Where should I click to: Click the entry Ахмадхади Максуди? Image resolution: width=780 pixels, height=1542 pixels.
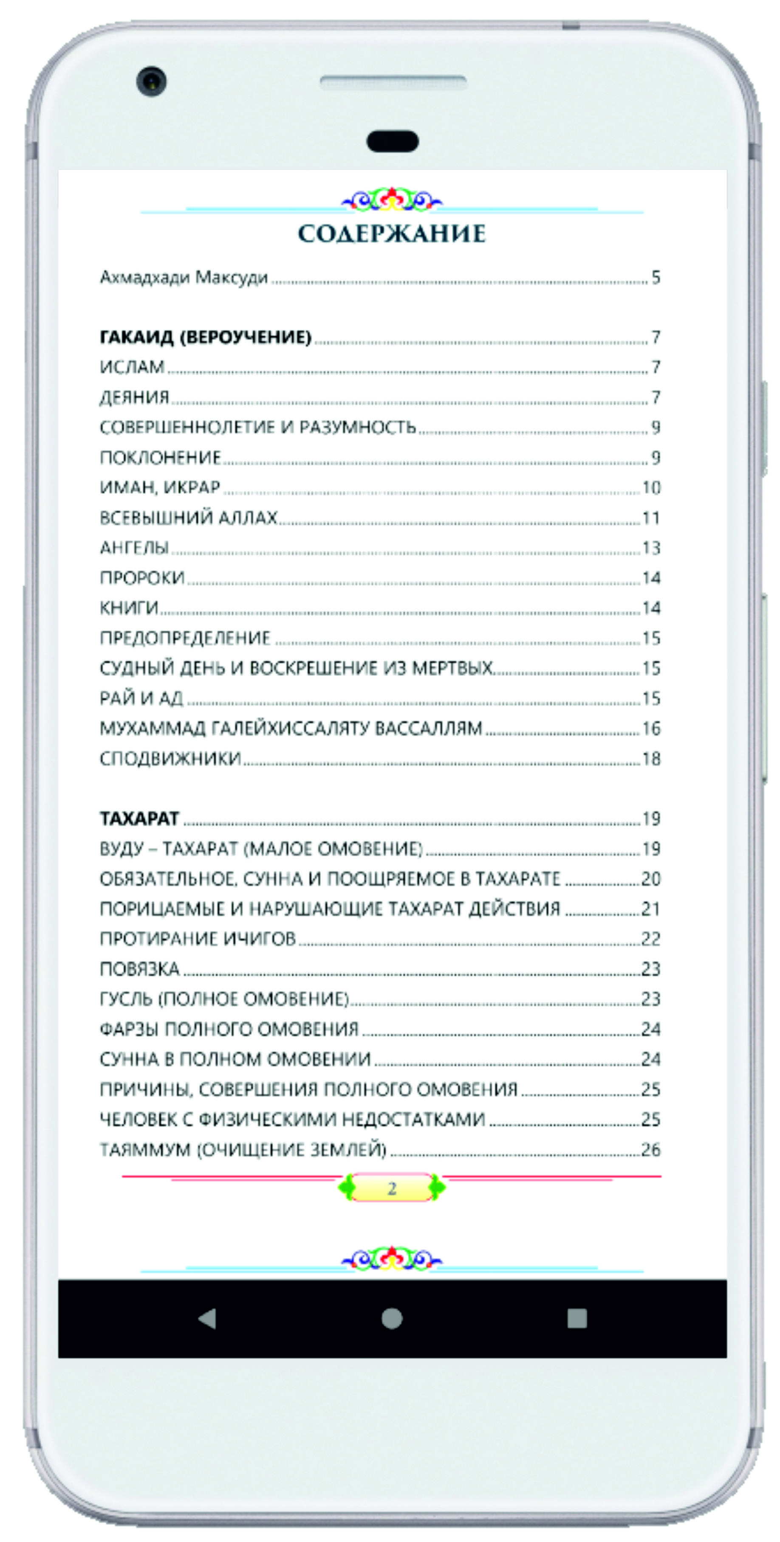click(184, 278)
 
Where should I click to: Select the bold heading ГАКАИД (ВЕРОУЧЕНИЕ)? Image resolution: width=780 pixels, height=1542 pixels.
click(206, 337)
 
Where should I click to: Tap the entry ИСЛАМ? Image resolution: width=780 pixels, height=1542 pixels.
click(132, 367)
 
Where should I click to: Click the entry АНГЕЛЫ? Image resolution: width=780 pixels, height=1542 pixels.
click(134, 547)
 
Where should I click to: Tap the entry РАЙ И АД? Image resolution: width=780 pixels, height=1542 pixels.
click(141, 698)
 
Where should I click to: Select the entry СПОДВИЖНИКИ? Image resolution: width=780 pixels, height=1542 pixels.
click(170, 758)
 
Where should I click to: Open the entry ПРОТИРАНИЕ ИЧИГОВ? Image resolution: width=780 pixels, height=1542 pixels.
click(198, 939)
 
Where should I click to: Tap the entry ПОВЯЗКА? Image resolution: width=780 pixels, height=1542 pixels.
click(140, 968)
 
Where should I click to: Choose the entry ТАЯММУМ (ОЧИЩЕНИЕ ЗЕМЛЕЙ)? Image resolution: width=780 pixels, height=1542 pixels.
click(243, 1149)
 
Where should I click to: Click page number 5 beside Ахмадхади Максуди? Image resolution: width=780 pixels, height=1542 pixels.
click(656, 278)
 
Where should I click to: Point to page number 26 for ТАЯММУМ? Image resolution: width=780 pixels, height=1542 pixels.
click(650, 1149)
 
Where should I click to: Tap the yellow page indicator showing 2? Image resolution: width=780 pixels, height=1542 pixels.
click(391, 1188)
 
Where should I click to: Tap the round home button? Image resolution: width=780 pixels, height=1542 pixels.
click(392, 1318)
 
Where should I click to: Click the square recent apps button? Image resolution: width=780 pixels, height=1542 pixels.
click(577, 1318)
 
